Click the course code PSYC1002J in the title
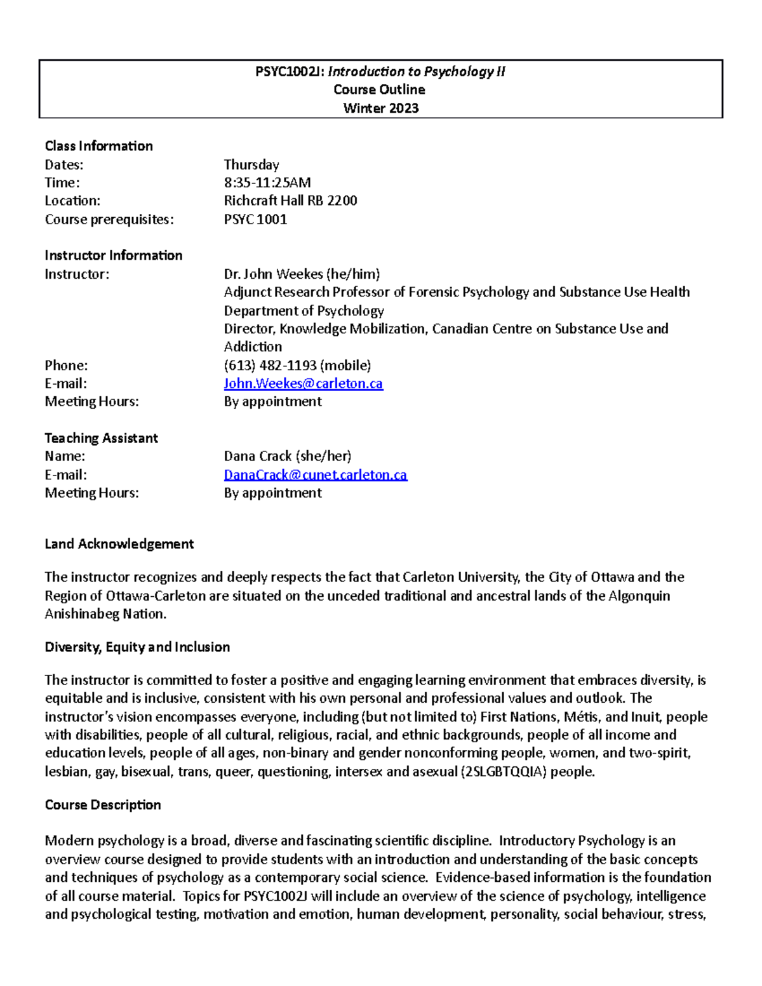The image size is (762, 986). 290,72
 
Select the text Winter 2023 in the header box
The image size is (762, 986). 380,108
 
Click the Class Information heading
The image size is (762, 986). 98,146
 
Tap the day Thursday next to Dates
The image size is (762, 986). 251,164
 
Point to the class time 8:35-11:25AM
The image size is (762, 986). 267,183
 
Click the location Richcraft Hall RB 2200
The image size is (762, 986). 290,201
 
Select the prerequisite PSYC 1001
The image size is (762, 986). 255,220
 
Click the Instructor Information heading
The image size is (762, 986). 113,255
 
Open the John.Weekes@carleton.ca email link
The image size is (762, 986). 303,383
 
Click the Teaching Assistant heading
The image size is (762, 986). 101,438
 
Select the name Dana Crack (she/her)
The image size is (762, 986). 287,456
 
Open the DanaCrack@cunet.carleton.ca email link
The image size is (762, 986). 315,475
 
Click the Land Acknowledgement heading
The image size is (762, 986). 119,544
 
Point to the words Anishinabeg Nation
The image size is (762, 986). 105,614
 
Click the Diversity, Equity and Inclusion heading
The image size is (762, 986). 137,647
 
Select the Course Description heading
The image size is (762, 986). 102,805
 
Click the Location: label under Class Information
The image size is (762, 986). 72,201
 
